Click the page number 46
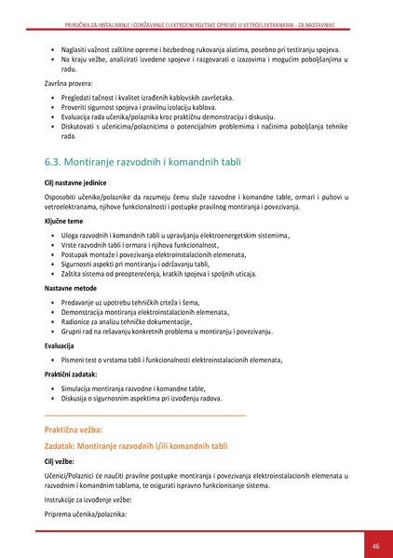click(374, 545)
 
